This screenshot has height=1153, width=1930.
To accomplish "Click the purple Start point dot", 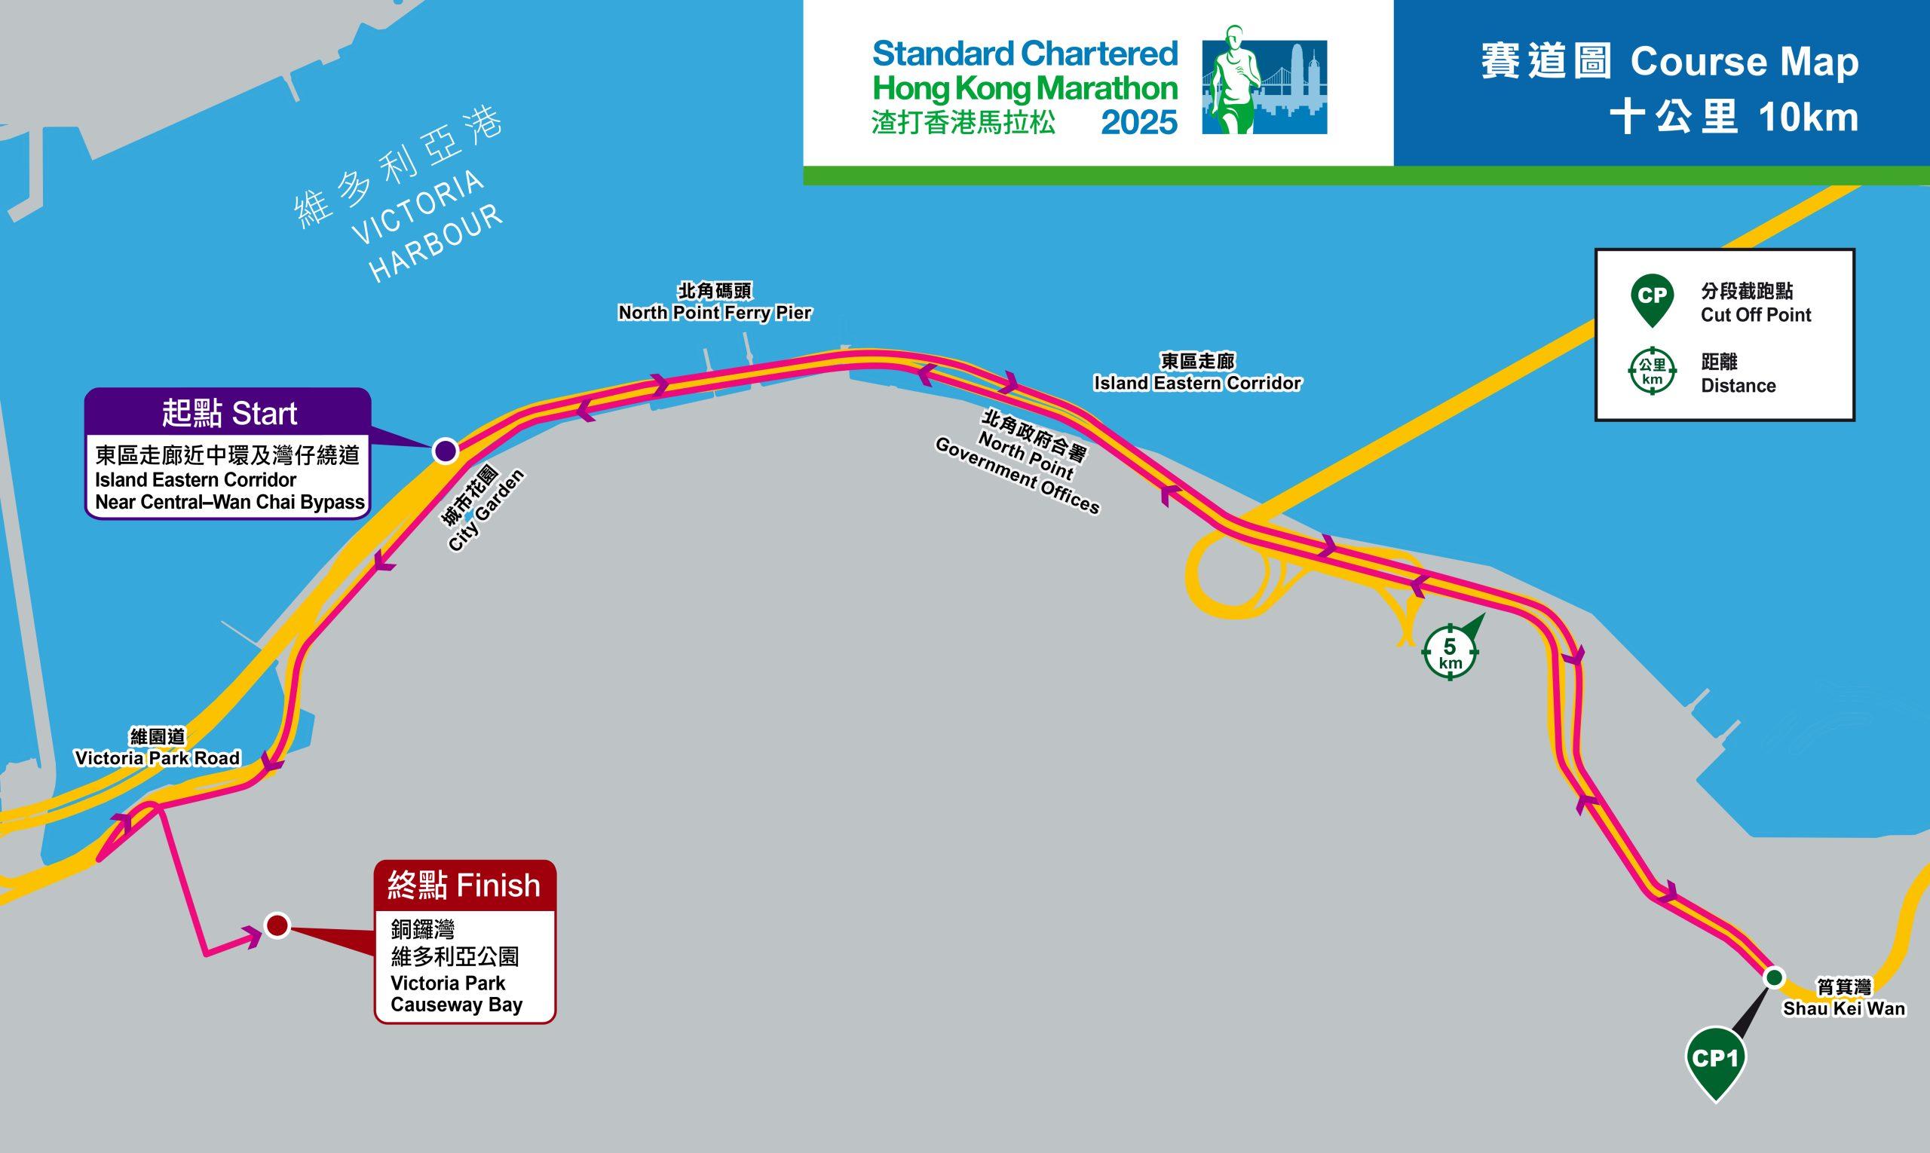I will coord(445,451).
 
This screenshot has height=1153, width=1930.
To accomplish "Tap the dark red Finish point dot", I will coord(277,925).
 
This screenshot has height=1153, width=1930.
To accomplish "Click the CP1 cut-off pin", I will coord(1714,1061).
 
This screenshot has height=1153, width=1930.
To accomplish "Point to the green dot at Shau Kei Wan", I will coord(1774,977).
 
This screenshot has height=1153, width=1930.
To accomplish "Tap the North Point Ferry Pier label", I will coord(714,303).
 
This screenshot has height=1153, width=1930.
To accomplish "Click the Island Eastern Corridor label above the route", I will coord(1197,373).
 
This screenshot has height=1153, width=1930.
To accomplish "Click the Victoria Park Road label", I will coord(157,748).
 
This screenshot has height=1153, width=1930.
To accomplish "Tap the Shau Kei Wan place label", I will coord(1844,999).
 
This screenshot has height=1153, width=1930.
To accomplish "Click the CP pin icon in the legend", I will coord(1652,300).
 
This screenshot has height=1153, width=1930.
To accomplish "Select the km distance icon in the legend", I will coord(1652,372).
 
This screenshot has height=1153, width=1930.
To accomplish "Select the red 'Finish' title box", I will coord(464,885).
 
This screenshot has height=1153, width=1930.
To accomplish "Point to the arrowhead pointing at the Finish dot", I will coord(254,937).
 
